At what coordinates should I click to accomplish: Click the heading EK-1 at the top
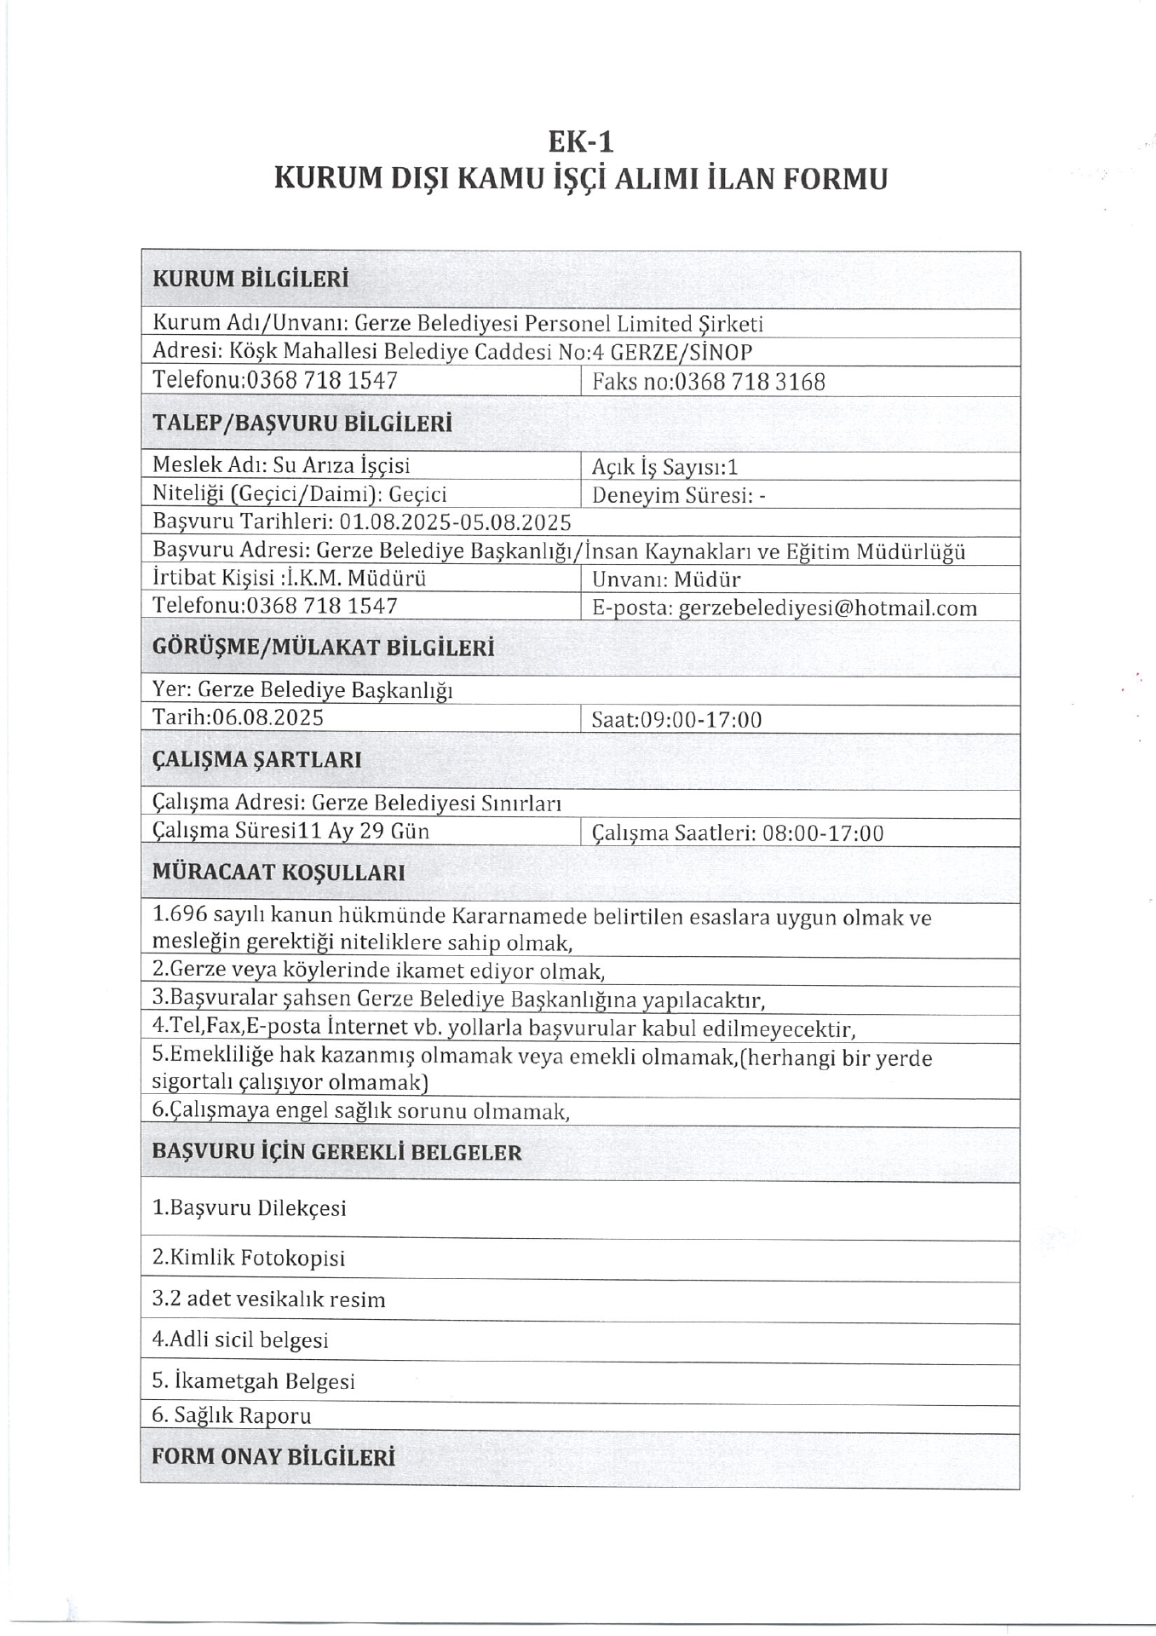580,141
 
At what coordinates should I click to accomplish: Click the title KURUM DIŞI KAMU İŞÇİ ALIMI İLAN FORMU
580,179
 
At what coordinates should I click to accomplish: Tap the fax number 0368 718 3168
749,382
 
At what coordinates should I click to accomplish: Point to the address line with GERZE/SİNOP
451,352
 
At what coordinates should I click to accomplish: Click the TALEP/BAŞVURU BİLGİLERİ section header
302,423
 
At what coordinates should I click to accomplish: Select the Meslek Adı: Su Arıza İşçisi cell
281,465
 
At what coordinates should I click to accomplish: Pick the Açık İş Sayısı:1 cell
664,467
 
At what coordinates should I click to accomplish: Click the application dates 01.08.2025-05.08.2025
455,521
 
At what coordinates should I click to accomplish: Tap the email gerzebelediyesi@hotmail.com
827,608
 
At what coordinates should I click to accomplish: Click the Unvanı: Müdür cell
666,580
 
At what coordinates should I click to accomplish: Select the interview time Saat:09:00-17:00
676,720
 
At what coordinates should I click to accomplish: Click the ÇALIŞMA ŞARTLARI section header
256,760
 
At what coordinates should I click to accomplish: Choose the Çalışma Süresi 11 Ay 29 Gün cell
290,831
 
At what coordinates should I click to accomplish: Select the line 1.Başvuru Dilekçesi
249,1208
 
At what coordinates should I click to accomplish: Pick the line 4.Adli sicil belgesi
240,1339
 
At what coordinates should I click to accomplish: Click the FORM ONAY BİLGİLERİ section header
273,1456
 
